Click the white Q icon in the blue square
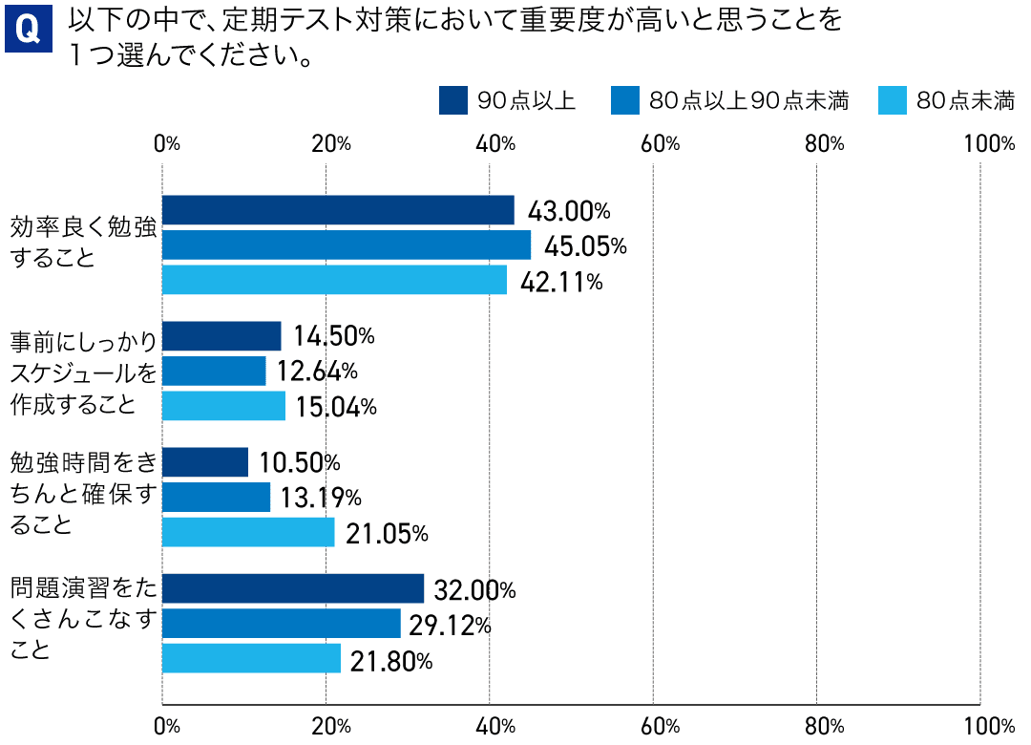(x=29, y=30)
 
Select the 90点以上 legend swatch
(x=452, y=100)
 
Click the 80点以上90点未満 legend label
(x=748, y=100)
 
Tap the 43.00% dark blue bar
(x=338, y=210)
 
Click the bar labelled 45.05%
(x=347, y=245)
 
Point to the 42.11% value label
(x=561, y=282)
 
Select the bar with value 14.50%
(x=221, y=336)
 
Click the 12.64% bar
(x=214, y=371)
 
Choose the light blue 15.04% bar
(x=223, y=406)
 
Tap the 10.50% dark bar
(x=205, y=462)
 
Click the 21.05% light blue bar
(x=248, y=532)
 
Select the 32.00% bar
(x=293, y=589)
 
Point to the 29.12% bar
(x=282, y=624)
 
